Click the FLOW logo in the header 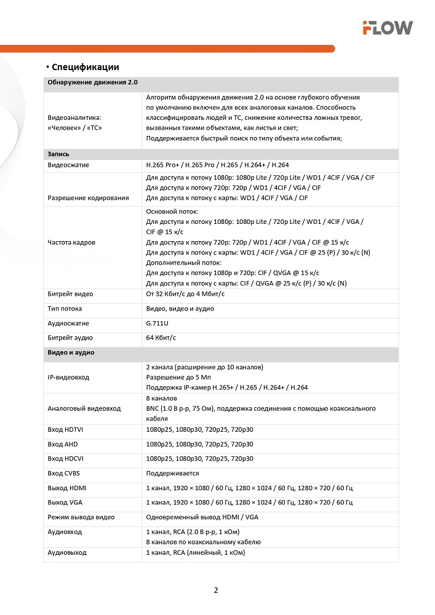pyautogui.click(x=387, y=27)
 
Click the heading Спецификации pyautogui.click(x=86, y=67)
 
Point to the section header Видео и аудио pyautogui.click(x=71, y=353)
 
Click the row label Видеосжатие pyautogui.click(x=68, y=165)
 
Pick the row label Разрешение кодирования pyautogui.click(x=88, y=197)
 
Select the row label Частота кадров pyautogui.click(x=71, y=242)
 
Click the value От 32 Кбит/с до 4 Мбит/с pyautogui.click(x=185, y=295)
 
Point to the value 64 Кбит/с pyautogui.click(x=161, y=338)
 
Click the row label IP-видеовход pyautogui.click(x=68, y=377)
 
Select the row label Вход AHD pyautogui.click(x=63, y=444)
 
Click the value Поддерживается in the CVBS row pyautogui.click(x=172, y=474)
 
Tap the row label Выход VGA pyautogui.click(x=65, y=502)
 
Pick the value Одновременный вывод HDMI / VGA pyautogui.click(x=202, y=517)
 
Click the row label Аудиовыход pyautogui.click(x=67, y=553)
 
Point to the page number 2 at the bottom pyautogui.click(x=216, y=590)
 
